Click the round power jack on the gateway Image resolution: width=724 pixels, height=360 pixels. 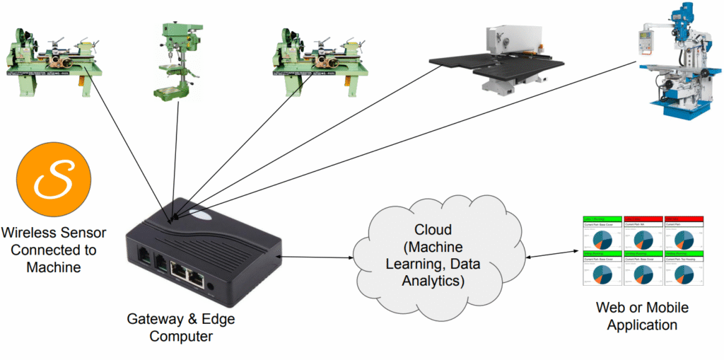pos(213,286)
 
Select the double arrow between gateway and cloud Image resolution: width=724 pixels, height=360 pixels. pos(315,257)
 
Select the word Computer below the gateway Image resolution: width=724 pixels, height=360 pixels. pos(181,337)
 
